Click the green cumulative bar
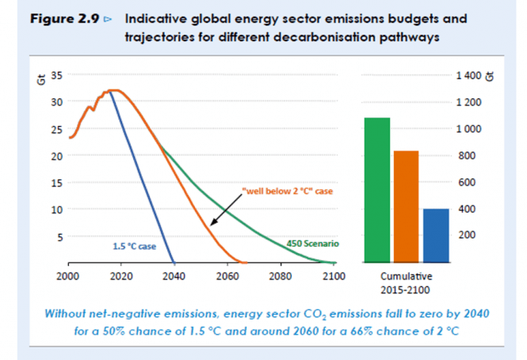click(377, 190)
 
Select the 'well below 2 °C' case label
click(281, 192)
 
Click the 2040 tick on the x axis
click(174, 277)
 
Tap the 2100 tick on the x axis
click(333, 277)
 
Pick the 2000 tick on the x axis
click(68, 277)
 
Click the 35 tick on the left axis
click(56, 75)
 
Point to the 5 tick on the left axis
click(59, 236)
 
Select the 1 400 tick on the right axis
click(468, 75)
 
